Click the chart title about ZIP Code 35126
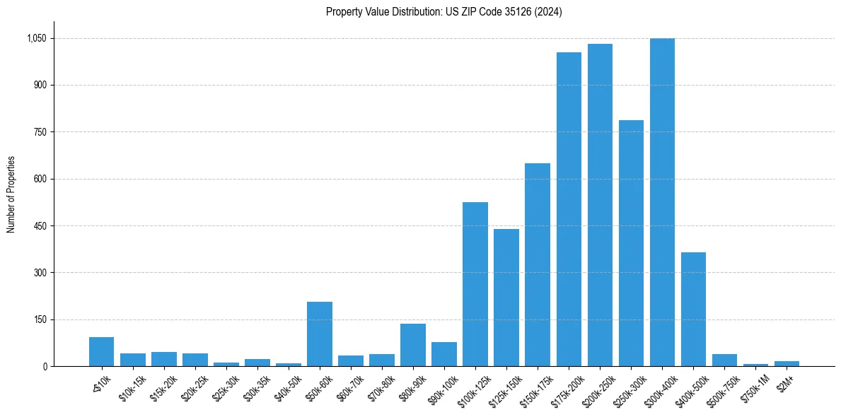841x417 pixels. click(443, 12)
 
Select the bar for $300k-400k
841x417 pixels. click(662, 202)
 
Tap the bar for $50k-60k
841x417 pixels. click(320, 334)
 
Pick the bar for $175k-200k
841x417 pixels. click(569, 209)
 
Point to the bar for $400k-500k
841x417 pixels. click(693, 309)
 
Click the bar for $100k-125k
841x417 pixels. click(475, 284)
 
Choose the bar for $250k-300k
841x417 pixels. click(631, 243)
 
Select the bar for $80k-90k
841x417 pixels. click(413, 345)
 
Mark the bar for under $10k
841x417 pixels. click(102, 351)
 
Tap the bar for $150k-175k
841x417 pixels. click(538, 264)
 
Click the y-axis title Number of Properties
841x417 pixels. click(11, 194)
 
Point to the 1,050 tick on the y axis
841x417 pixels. click(36, 38)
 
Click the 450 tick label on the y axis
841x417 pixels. click(40, 226)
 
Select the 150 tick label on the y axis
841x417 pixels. click(40, 319)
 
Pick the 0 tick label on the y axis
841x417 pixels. click(45, 366)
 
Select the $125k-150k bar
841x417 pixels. click(506, 298)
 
